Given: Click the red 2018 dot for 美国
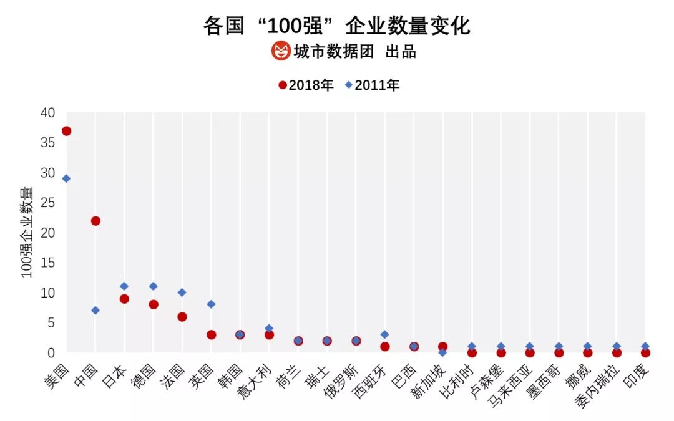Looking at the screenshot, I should point(66,131).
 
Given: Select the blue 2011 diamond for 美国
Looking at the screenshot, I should point(66,178).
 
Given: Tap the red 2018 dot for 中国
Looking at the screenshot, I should point(95,221).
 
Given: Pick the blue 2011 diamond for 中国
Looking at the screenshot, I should point(95,311).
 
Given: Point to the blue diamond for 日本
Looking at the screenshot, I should point(124,286).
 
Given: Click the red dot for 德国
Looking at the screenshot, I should point(154,304).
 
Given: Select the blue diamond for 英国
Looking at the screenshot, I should point(211,304).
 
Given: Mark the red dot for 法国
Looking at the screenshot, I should point(182,317).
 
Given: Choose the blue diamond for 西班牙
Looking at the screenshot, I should point(385,334).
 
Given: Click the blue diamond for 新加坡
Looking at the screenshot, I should point(443,352).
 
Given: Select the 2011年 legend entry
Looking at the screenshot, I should point(372,85).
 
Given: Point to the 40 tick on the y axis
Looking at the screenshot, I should point(48,113).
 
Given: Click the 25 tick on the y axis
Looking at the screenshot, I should point(48,203).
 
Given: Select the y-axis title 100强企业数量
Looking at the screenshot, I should point(28,232).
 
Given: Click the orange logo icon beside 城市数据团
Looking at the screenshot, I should point(281,51).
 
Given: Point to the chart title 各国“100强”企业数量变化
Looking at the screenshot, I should point(337,26).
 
